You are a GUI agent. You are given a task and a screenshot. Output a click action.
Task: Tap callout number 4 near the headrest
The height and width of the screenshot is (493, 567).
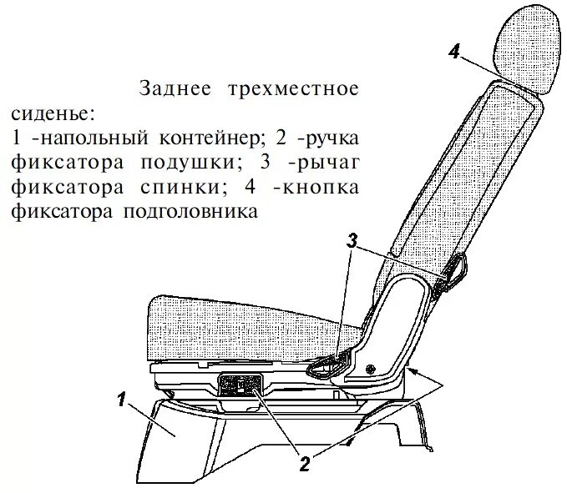[453, 52]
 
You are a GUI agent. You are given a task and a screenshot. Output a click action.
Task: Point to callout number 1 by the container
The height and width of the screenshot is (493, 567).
[122, 400]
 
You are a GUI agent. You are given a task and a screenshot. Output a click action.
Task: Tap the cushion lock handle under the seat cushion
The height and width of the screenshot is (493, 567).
[242, 385]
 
